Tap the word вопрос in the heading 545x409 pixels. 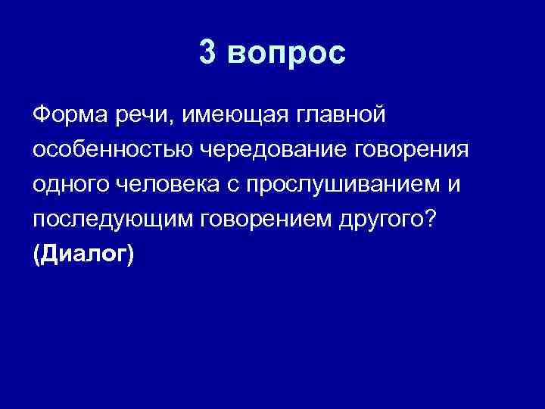click(x=286, y=55)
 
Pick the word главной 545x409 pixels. click(x=344, y=114)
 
